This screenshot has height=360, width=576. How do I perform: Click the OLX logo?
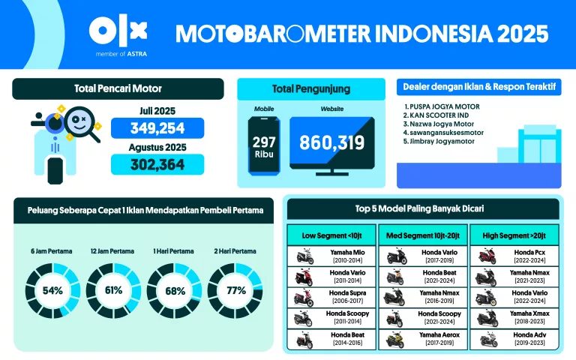tap(118, 31)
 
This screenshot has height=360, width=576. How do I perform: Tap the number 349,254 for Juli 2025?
tap(157, 128)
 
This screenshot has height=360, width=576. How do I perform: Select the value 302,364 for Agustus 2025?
tap(157, 164)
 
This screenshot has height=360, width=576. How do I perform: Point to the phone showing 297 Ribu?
tap(264, 147)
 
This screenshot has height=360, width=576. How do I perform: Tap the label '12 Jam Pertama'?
tap(112, 250)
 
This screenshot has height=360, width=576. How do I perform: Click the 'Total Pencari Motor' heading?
tap(118, 89)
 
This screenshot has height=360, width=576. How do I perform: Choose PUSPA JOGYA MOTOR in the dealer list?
tap(442, 106)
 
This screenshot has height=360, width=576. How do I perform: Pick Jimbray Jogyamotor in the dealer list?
tap(442, 139)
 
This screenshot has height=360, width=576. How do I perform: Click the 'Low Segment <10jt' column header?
tap(331, 235)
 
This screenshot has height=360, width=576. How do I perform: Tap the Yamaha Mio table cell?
tap(331, 256)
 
